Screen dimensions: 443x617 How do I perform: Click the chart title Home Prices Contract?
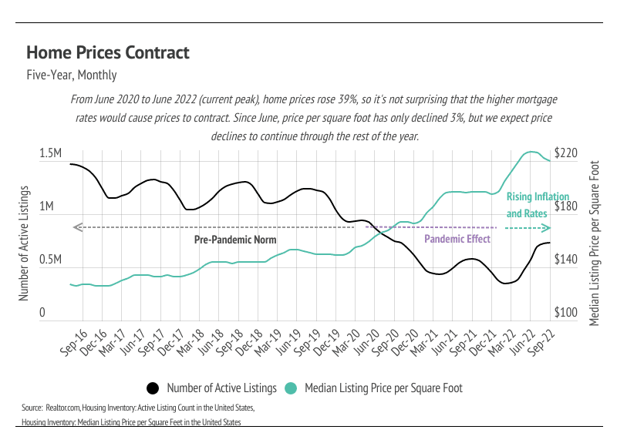tap(107, 52)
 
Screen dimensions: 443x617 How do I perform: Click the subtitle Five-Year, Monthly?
tap(71, 76)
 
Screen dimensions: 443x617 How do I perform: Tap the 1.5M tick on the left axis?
tap(50, 155)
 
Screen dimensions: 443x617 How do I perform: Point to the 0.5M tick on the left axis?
tap(50, 260)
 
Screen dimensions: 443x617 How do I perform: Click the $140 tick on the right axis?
tap(565, 260)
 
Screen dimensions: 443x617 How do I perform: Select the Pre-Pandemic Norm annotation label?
tap(234, 240)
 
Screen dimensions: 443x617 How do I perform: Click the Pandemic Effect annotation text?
tap(457, 239)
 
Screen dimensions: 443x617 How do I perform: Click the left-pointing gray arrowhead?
tap(76, 227)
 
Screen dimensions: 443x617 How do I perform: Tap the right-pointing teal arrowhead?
tap(547, 227)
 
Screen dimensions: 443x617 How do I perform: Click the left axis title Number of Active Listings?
tap(24, 243)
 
